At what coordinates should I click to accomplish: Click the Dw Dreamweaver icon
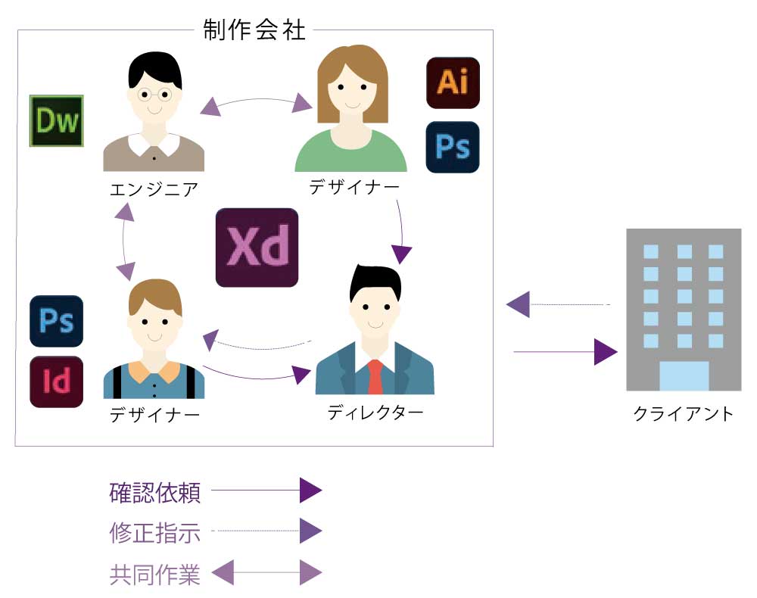57,121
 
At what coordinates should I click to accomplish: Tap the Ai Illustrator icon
453,82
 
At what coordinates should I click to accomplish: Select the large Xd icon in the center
257,248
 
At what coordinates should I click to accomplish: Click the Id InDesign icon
57,382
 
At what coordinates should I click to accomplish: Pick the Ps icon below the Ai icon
453,147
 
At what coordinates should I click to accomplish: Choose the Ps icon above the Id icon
57,321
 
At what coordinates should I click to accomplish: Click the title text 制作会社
254,30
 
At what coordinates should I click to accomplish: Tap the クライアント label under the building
684,414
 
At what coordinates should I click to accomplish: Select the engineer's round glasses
154,95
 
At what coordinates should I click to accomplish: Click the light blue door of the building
684,375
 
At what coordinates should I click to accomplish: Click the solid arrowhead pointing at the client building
606,352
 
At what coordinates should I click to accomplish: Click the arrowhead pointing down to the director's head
401,254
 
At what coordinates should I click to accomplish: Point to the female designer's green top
350,153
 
